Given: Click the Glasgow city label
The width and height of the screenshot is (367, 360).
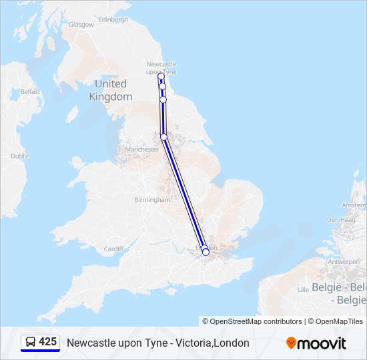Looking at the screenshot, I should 81,25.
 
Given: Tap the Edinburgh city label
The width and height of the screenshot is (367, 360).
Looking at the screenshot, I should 113,20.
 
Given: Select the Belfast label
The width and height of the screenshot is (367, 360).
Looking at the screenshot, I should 30,91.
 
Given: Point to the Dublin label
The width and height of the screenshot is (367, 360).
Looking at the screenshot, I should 20,156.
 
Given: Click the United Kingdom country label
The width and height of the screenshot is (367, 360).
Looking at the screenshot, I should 111,90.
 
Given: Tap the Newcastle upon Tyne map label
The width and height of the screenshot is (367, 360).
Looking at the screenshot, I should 161,68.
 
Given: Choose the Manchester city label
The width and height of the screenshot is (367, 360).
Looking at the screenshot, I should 141,149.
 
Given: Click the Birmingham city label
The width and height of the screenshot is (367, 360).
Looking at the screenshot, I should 152,200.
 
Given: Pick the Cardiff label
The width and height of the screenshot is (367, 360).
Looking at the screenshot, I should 113,249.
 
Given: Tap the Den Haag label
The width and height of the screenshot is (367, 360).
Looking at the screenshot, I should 340,219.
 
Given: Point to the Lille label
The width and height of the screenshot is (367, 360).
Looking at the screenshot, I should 303,289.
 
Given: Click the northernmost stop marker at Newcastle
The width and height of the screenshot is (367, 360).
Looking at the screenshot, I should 161,77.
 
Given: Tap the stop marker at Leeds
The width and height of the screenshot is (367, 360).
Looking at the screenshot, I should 163,137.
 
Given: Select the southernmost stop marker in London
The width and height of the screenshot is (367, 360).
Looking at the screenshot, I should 206,252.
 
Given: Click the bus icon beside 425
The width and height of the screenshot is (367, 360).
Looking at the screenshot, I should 30,343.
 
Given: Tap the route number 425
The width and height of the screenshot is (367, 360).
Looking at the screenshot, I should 48,342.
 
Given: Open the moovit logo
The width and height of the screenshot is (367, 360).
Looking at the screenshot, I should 316,343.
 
